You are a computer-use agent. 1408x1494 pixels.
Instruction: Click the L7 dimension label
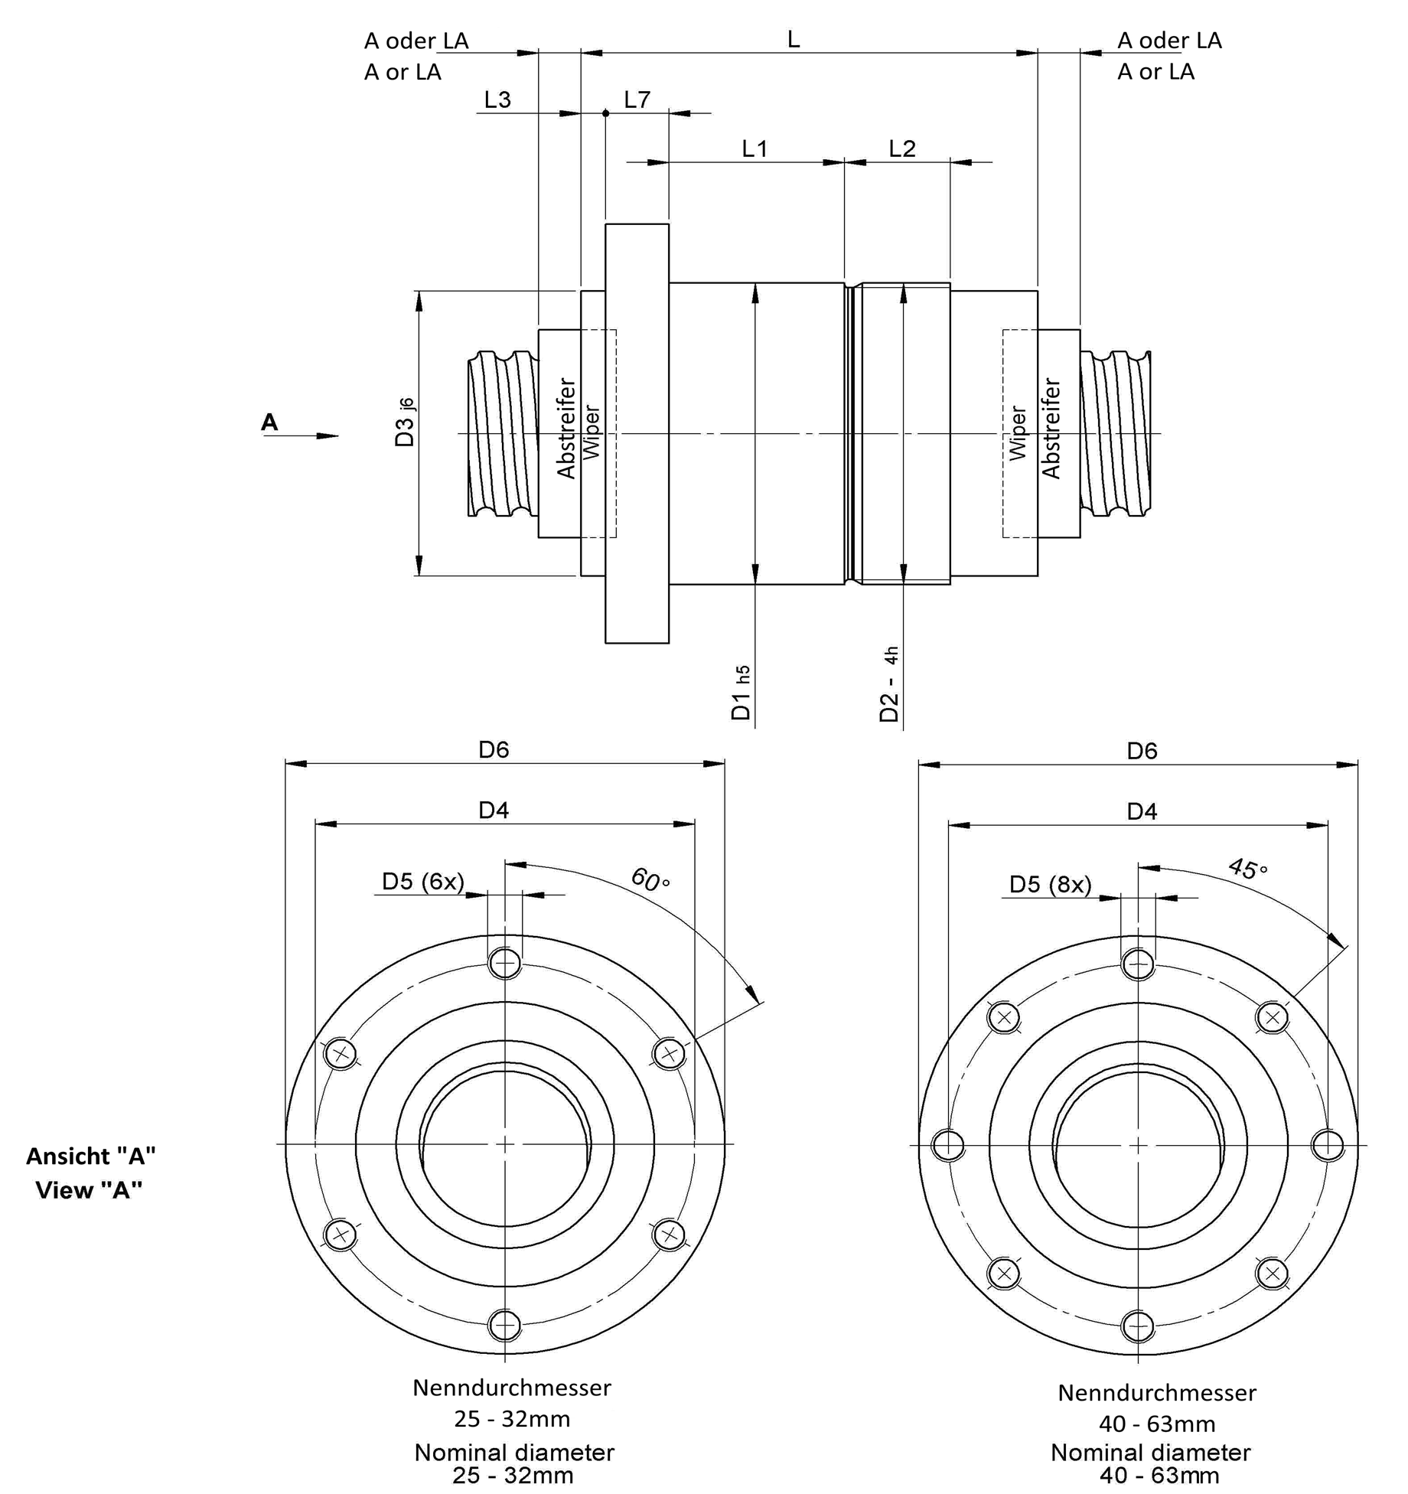pos(637,99)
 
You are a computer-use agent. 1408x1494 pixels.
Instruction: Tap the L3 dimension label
pos(497,99)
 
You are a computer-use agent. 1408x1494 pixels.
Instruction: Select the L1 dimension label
pos(755,148)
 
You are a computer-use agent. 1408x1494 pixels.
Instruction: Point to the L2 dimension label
pos(902,148)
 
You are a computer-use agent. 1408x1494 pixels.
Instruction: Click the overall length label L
pos(794,40)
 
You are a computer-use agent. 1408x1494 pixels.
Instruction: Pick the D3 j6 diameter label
pos(405,422)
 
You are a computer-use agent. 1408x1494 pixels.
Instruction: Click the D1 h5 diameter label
pos(741,693)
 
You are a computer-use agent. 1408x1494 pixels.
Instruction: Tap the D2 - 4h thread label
pos(889,684)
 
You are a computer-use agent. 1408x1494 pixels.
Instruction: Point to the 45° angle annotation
pos(1247,869)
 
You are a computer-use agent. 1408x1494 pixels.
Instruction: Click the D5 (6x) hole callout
pos(423,882)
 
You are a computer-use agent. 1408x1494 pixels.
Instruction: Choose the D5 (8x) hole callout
pos(1050,884)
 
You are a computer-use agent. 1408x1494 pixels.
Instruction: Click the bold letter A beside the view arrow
pos(269,422)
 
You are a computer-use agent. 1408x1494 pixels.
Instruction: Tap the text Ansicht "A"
pos(91,1156)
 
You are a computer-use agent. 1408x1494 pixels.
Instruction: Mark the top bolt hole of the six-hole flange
pos(505,962)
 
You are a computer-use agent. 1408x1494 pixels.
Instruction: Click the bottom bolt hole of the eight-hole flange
pos(1138,1326)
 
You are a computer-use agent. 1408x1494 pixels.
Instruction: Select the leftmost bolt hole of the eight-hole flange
pos(948,1145)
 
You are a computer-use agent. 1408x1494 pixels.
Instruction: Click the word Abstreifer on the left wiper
pos(566,429)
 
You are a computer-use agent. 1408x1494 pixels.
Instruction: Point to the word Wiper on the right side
pos(1018,433)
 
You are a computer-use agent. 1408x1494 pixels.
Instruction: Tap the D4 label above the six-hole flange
pos(494,810)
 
